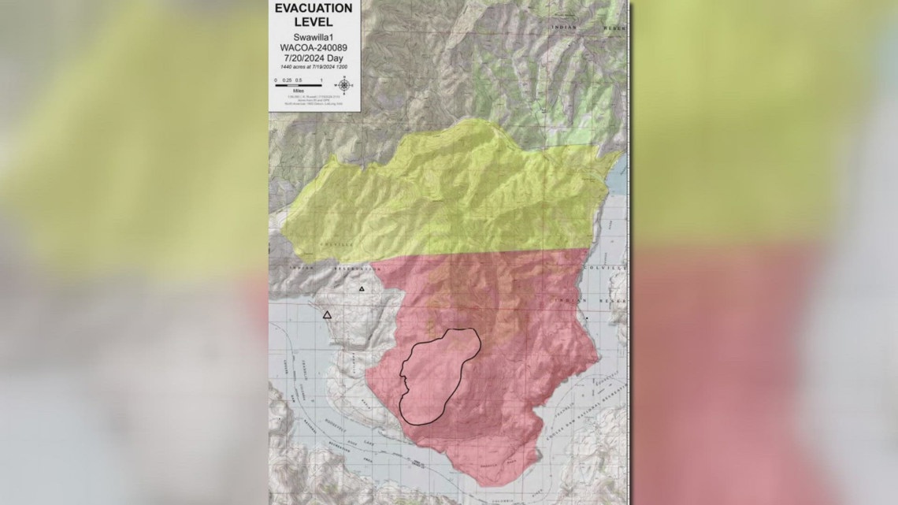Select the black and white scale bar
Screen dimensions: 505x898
[298, 85]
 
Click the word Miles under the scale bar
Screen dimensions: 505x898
[298, 92]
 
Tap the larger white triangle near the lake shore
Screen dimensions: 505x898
[328, 315]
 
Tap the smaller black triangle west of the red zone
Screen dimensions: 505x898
[362, 289]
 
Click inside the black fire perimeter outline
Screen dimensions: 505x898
[433, 378]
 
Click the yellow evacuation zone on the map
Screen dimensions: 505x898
[441, 205]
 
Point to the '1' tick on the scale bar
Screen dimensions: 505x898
[321, 80]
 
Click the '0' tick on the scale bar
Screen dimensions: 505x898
[276, 80]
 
